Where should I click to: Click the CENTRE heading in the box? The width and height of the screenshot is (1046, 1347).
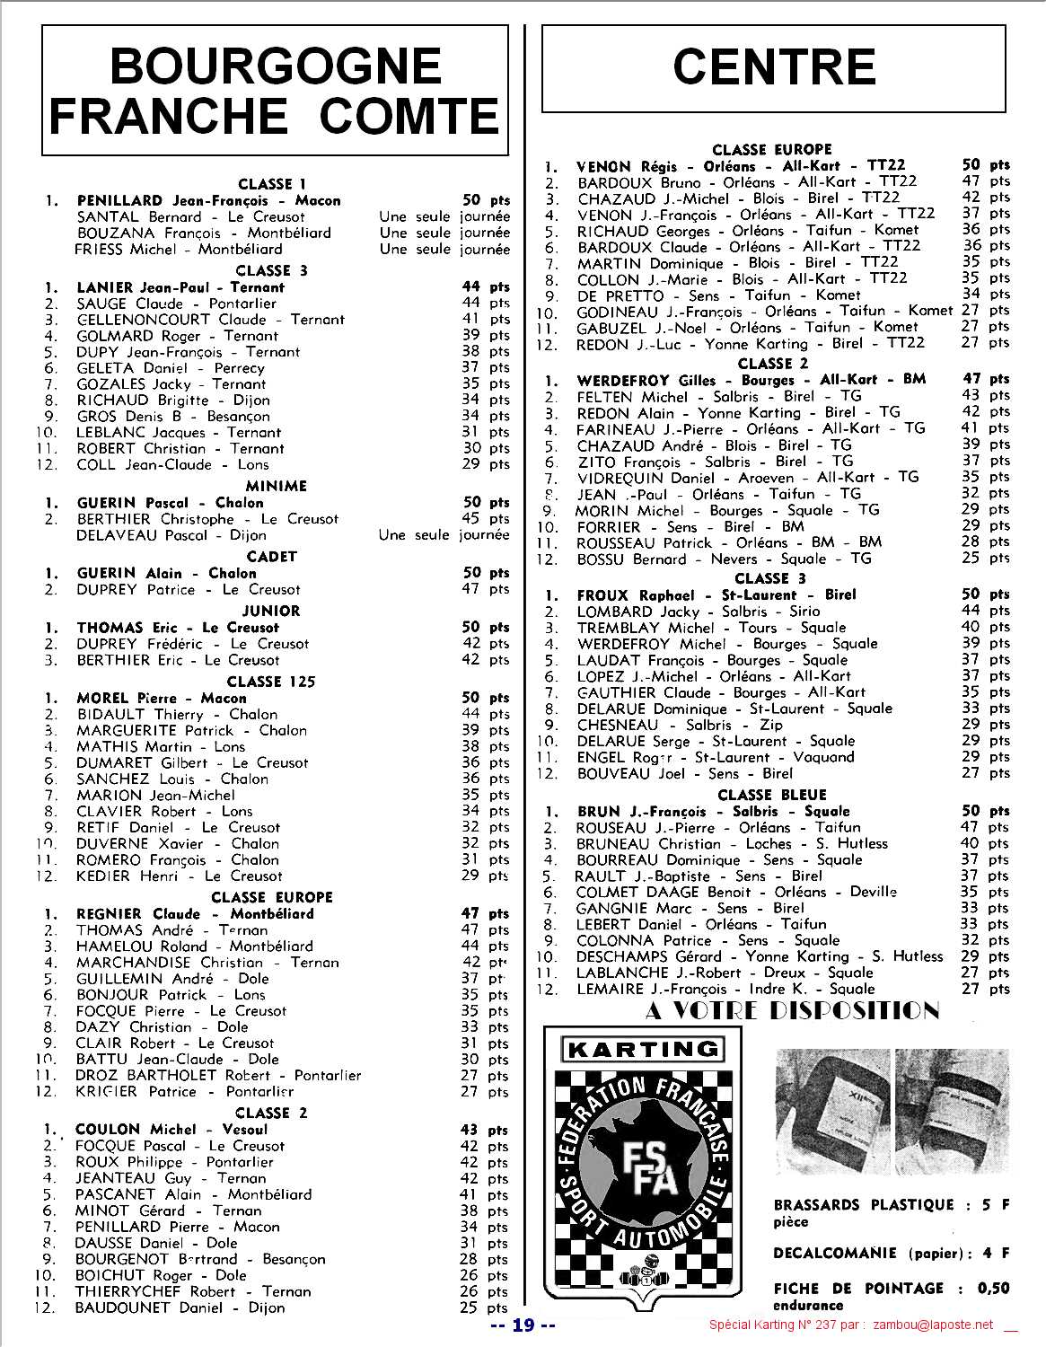pos(773,67)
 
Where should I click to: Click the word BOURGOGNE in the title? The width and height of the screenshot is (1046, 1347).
pos(275,66)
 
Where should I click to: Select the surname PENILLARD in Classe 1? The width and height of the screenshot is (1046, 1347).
pos(119,200)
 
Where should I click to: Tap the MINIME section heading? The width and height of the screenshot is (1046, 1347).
pos(276,486)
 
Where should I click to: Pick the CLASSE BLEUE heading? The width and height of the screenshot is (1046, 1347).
pos(771,795)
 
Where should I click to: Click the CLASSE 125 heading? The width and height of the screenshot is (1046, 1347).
pos(270,682)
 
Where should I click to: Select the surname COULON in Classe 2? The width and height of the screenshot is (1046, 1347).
pos(108,1130)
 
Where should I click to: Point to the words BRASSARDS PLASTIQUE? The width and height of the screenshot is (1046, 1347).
pos(863,1205)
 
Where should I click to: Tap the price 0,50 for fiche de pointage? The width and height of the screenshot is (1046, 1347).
pos(992,1289)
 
